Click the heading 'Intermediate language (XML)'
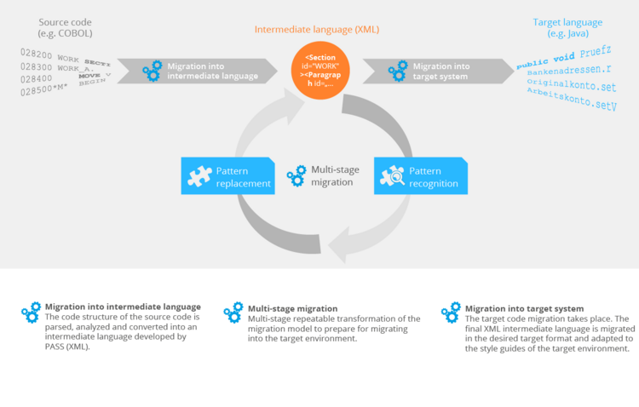coord(317,30)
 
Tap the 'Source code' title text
coord(66,21)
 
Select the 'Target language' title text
coord(567,22)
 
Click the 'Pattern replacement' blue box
coord(228,176)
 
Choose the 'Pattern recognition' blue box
coord(421,176)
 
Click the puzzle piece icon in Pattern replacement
coord(198,176)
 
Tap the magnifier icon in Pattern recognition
coord(392,176)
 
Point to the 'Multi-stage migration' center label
coord(335,175)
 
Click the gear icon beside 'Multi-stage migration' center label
coord(296,176)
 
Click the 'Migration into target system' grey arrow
coord(435,71)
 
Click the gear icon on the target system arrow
coord(398,71)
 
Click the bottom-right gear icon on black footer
coord(451,312)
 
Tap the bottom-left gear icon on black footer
coord(32,312)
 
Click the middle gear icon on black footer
coord(233,312)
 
